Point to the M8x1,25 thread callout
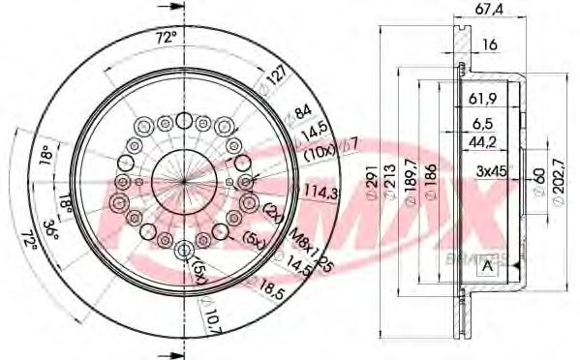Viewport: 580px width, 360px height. click(x=310, y=246)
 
